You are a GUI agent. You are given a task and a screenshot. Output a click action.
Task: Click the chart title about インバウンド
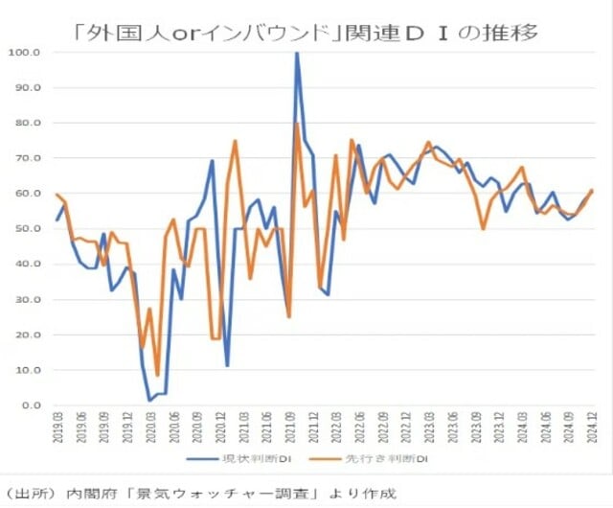pos(306,33)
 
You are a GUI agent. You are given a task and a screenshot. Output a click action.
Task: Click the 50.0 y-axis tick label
pos(24,228)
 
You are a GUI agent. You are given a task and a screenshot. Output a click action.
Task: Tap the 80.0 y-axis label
pos(24,123)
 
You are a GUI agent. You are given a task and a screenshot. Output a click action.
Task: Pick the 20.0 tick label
pos(24,335)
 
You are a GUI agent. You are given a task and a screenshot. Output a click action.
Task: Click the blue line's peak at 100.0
pos(297,53)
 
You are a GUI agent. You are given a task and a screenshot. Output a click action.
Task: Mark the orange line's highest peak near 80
pos(297,124)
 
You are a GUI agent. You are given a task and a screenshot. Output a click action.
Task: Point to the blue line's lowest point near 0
pos(150,400)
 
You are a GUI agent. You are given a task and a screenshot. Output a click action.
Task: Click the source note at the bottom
pos(200,494)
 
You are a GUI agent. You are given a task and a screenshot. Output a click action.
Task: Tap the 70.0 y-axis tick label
pos(24,158)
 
